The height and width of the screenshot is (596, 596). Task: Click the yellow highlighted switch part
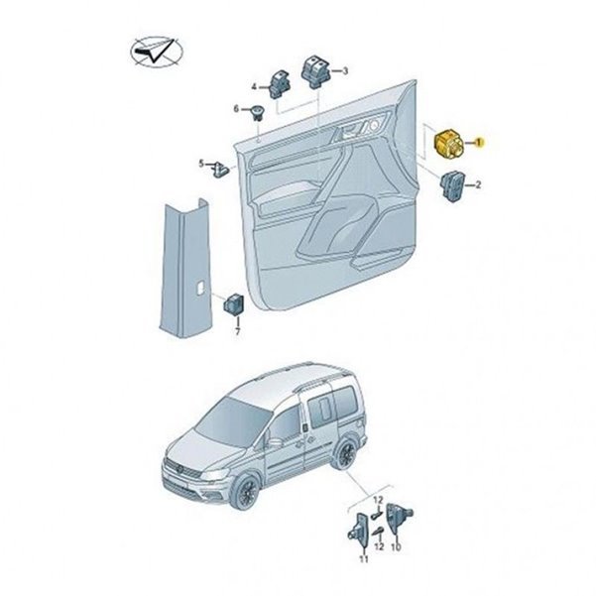(448, 145)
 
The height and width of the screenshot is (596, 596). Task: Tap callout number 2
(478, 185)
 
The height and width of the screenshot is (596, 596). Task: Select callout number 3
(345, 70)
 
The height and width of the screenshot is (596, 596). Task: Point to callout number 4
(254, 87)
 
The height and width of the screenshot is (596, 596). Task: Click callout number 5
(201, 165)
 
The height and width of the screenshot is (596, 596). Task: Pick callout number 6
(236, 109)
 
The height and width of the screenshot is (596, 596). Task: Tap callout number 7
(238, 332)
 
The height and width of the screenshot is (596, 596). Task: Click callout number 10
(396, 547)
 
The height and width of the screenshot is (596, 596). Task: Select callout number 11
(364, 559)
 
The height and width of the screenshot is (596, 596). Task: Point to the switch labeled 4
(280, 84)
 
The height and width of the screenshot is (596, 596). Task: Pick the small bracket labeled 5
(220, 170)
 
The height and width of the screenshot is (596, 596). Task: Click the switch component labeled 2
(452, 186)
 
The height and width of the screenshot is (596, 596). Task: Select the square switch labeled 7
(233, 304)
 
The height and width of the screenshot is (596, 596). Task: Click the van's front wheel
(246, 493)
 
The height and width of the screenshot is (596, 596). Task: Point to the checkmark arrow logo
(157, 53)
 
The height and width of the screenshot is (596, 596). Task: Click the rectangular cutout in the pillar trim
(200, 287)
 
